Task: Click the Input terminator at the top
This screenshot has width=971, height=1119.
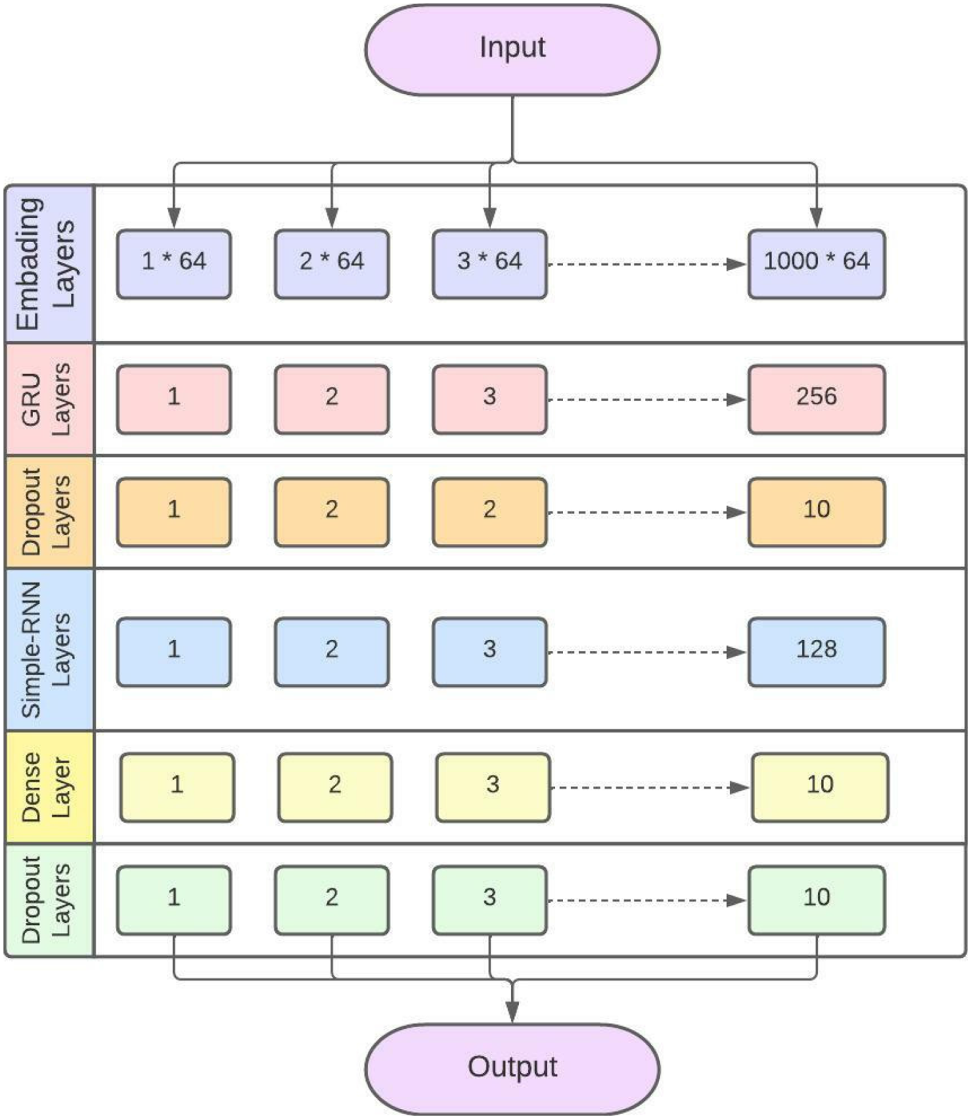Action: coord(512,49)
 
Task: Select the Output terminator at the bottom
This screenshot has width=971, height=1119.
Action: coord(512,1068)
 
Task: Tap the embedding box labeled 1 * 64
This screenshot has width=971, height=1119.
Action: coord(174,264)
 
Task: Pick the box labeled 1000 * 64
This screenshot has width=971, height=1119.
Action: coord(817,264)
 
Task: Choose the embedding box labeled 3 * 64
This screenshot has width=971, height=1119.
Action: coord(489,264)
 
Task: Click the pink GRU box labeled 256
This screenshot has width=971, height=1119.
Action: coord(817,399)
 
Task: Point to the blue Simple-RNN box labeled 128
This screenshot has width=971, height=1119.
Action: coord(817,652)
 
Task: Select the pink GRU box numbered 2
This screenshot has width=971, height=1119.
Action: coord(332,399)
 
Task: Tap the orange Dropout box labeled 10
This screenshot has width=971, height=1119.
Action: coord(817,512)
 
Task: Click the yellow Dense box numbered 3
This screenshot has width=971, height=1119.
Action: coord(493,787)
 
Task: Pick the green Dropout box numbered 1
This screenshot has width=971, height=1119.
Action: coord(174,900)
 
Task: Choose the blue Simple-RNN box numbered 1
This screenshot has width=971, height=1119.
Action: coord(174,652)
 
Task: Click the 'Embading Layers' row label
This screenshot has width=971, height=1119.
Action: coord(46,264)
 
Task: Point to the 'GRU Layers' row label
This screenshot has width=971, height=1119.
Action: coord(46,399)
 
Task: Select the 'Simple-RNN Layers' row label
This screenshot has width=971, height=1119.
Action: coord(46,649)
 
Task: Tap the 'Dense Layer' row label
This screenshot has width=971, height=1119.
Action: coord(46,787)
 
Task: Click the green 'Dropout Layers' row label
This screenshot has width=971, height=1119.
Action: coord(46,899)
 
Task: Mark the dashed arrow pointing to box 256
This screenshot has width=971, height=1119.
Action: coord(648,399)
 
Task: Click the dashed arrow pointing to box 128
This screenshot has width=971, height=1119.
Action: coord(648,652)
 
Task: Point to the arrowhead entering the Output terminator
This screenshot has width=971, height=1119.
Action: coord(512,1012)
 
